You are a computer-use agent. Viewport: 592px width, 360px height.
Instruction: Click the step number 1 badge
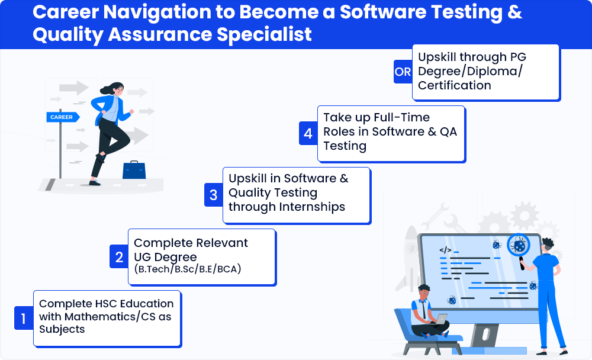[24, 318]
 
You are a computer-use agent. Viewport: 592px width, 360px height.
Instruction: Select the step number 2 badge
[119, 256]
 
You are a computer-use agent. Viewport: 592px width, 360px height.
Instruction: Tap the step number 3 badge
[213, 195]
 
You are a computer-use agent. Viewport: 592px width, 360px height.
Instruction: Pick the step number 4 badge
[308, 133]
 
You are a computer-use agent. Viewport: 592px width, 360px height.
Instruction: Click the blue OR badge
[403, 72]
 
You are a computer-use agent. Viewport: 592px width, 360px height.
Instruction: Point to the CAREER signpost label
[63, 117]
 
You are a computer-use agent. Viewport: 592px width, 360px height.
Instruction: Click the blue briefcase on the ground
[134, 170]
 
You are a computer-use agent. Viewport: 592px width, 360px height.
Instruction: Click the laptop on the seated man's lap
[439, 320]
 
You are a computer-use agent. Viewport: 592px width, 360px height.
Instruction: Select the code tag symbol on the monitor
[445, 250]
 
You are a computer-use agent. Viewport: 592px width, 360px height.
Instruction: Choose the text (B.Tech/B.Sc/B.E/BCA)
[188, 269]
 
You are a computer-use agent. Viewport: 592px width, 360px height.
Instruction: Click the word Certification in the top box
[455, 85]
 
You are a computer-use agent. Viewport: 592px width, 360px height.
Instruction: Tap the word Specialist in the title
[264, 34]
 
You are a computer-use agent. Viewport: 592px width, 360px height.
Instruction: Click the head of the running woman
[115, 89]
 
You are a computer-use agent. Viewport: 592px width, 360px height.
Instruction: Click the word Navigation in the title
[157, 12]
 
